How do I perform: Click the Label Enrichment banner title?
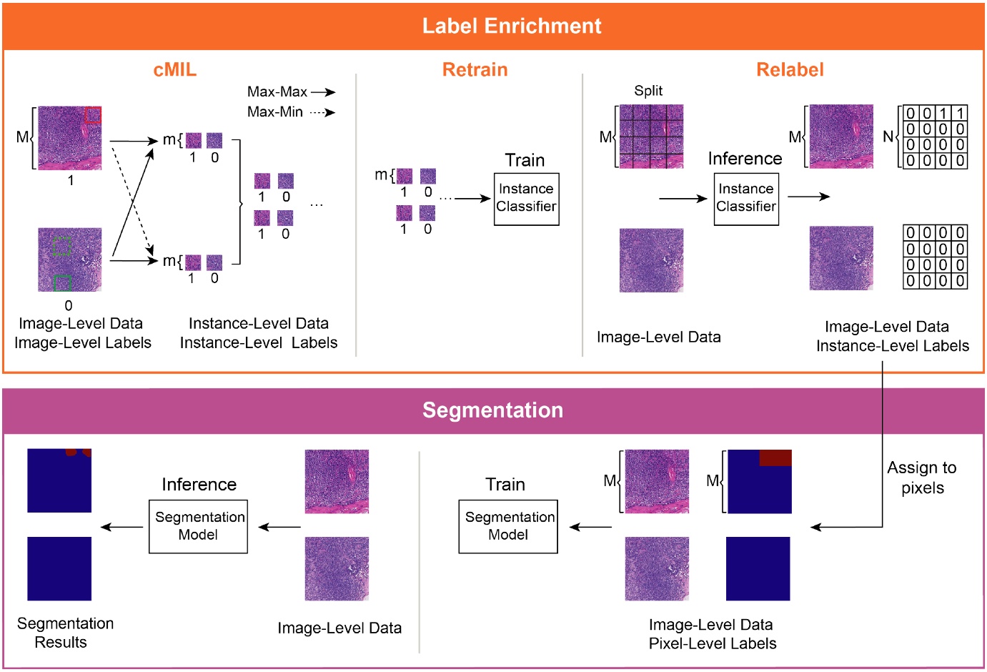(512, 26)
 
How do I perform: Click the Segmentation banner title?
(492, 410)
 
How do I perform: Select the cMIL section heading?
(174, 70)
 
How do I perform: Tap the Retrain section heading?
(475, 70)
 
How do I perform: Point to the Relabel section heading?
(790, 70)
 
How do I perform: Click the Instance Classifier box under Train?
(526, 199)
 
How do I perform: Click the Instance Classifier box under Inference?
(746, 199)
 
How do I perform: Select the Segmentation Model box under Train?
(508, 527)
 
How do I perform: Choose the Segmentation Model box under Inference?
(198, 527)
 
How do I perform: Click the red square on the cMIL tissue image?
(93, 115)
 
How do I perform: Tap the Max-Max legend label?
(277, 92)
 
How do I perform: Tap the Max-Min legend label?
(275, 112)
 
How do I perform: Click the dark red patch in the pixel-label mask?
(775, 458)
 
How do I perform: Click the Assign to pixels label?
(922, 478)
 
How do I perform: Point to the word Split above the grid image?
(648, 91)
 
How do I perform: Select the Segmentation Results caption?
(65, 633)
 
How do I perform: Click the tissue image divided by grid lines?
(651, 137)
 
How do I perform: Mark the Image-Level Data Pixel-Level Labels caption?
(712, 634)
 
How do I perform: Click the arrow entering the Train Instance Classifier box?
(472, 199)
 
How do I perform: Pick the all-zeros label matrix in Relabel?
(936, 257)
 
